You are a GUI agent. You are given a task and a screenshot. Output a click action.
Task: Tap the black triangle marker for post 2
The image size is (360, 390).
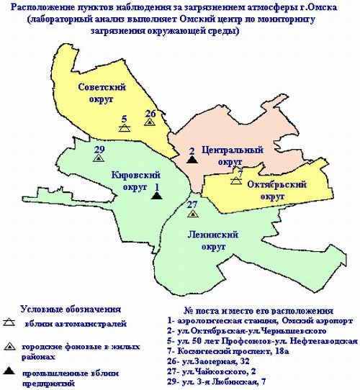pos(192,160)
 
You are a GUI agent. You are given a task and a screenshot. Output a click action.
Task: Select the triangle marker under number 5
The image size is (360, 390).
pos(125,127)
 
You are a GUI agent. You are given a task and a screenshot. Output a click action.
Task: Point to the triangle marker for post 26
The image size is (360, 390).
pos(149,122)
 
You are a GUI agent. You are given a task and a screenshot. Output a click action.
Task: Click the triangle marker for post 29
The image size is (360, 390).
pos(99,157)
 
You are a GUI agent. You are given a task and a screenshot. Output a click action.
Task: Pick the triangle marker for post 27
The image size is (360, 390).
pos(192,214)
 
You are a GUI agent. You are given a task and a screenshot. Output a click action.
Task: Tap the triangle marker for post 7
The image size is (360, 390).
pos(236,180)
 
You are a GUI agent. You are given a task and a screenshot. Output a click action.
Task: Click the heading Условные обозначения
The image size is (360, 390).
pos(70,308)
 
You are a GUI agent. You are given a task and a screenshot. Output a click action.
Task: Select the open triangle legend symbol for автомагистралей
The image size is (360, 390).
pos(10,322)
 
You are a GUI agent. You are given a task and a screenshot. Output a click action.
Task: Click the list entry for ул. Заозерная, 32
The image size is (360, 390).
pos(219,359)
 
